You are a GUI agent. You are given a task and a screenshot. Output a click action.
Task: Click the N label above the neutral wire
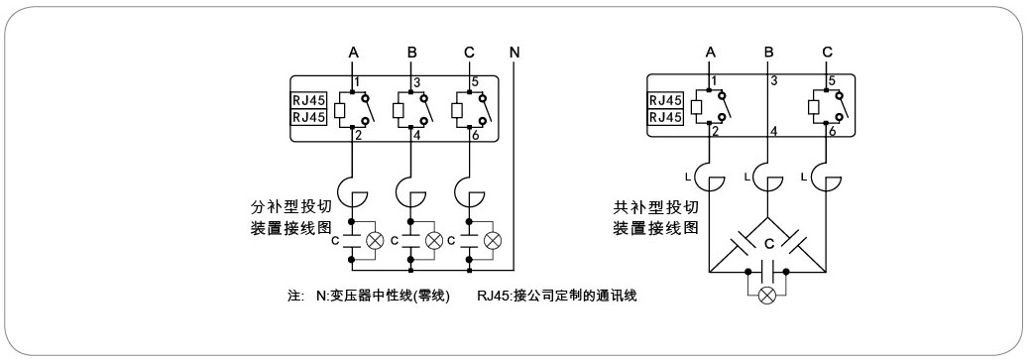(515, 52)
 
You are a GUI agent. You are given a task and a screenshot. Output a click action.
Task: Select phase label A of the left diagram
(353, 52)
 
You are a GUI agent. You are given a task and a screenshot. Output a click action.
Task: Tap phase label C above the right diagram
(828, 52)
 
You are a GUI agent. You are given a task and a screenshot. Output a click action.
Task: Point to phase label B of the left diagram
(411, 52)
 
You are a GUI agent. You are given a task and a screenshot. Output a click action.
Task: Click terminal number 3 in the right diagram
(774, 79)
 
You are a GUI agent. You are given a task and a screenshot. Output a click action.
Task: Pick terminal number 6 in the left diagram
(477, 134)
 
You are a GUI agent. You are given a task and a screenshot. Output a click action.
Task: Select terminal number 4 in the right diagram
(774, 131)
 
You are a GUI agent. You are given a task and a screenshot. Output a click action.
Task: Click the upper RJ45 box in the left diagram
(309, 99)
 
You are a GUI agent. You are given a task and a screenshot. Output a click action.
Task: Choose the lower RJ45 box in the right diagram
(666, 116)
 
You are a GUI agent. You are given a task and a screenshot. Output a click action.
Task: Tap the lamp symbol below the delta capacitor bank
(765, 297)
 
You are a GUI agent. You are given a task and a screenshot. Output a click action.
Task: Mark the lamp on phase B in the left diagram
(433, 240)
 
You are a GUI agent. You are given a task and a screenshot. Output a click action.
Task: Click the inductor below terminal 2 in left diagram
(353, 189)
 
